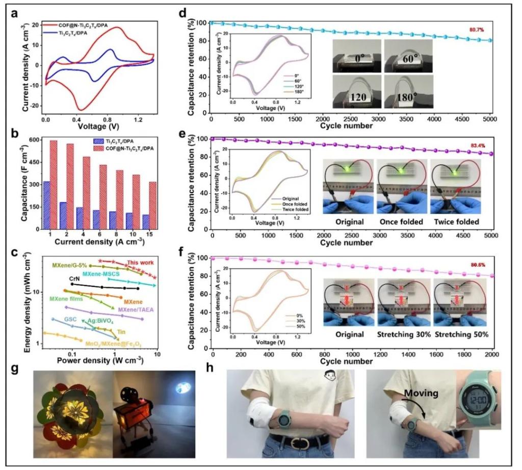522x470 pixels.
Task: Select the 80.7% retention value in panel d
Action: pyautogui.click(x=477, y=30)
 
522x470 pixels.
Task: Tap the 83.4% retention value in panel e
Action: pyautogui.click(x=477, y=146)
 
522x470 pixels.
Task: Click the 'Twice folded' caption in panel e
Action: pyautogui.click(x=455, y=223)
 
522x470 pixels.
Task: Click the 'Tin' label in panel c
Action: pyautogui.click(x=121, y=332)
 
